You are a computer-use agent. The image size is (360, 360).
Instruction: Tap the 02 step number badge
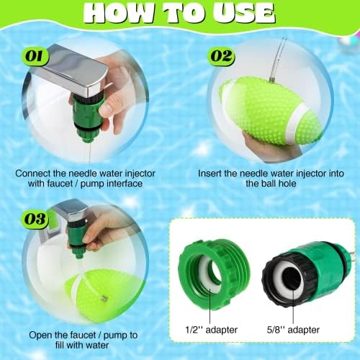[221, 57]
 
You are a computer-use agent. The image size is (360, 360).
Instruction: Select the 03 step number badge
[35, 220]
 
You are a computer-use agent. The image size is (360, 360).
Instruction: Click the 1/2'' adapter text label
[211, 330]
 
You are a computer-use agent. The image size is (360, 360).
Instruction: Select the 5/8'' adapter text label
[293, 330]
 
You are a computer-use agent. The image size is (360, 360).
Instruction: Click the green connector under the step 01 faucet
[88, 117]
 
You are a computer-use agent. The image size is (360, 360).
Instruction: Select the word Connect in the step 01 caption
[33, 174]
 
